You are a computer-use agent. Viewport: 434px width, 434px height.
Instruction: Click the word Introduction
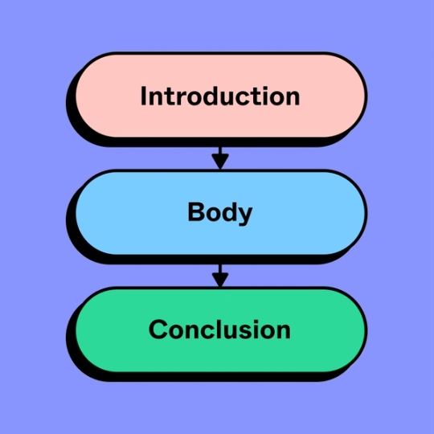pyautogui.click(x=219, y=96)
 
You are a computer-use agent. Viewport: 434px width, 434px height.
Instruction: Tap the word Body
pyautogui.click(x=219, y=213)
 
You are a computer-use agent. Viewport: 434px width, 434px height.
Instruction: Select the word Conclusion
pyautogui.click(x=219, y=330)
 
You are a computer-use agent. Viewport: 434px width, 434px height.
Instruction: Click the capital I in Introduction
pyautogui.click(x=144, y=96)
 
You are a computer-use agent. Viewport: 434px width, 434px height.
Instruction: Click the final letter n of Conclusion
pyautogui.click(x=282, y=331)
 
